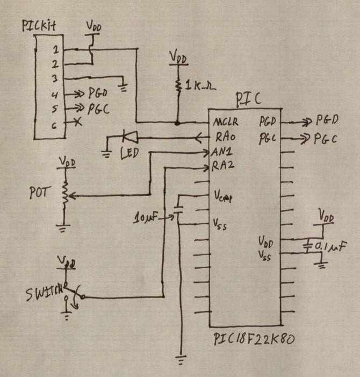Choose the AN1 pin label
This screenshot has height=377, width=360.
[x=222, y=152]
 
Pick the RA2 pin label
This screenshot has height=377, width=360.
[x=222, y=166]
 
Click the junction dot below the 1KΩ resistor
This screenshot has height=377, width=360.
[x=177, y=123]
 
